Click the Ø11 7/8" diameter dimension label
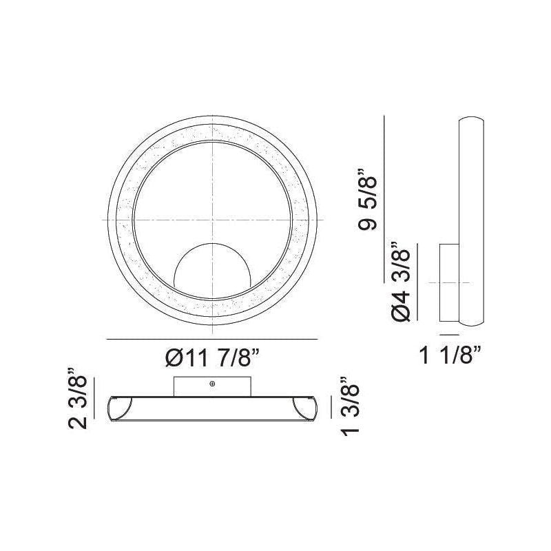pos(212,358)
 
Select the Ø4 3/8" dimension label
pos(401,282)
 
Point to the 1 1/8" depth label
pos(450,355)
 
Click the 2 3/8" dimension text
pos(77,399)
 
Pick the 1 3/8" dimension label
pos(350,406)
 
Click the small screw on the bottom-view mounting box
pos(212,384)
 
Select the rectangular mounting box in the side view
pos(450,282)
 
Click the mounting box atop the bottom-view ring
pos(212,386)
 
